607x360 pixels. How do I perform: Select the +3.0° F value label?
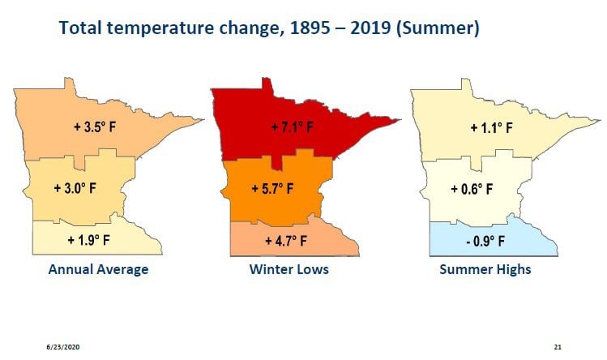[x=75, y=188]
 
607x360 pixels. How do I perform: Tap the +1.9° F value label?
[x=88, y=240]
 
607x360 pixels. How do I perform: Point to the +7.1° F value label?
[x=294, y=127]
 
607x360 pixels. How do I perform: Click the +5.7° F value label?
[x=273, y=189]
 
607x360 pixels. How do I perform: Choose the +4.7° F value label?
[x=286, y=241]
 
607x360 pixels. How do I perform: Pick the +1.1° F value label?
[x=493, y=127]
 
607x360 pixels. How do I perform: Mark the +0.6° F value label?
[x=472, y=189]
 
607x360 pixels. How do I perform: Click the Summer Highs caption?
[x=485, y=269]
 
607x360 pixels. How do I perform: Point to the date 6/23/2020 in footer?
[x=62, y=347]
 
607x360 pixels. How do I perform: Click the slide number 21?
[x=557, y=347]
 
